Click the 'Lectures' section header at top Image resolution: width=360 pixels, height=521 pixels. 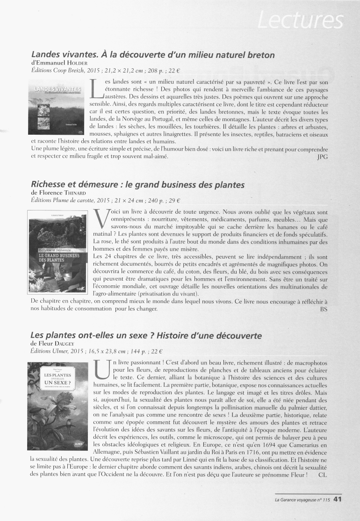click(299, 20)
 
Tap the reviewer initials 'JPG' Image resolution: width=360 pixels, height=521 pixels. click(322, 157)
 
